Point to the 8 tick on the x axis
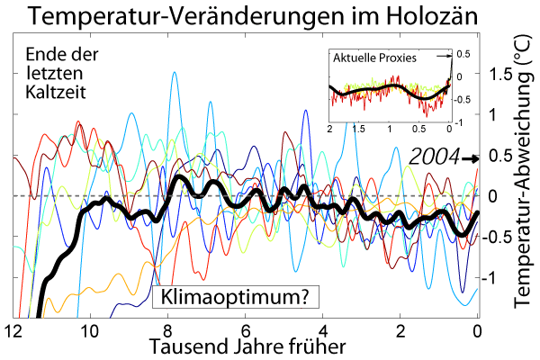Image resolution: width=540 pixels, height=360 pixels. [x=167, y=330]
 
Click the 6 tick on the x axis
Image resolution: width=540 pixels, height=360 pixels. [x=245, y=330]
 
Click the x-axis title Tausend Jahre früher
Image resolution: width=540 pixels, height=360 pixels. [x=244, y=347]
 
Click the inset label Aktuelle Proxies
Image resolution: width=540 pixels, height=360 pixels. [x=374, y=58]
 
